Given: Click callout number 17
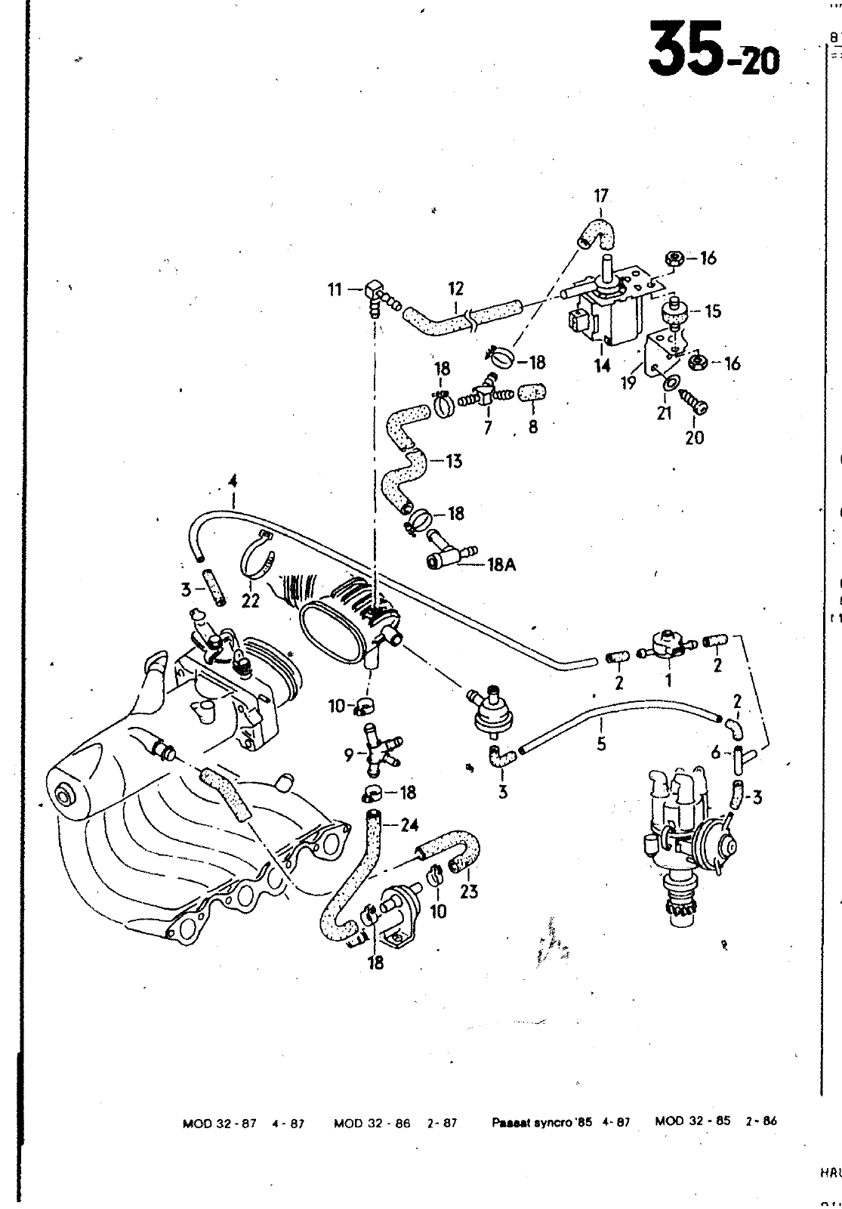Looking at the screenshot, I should pyautogui.click(x=600, y=196).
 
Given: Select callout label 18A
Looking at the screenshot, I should pyautogui.click(x=501, y=564).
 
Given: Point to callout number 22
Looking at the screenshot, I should pyautogui.click(x=251, y=601).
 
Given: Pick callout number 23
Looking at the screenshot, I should pyautogui.click(x=468, y=892).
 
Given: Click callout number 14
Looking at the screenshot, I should pyautogui.click(x=602, y=366).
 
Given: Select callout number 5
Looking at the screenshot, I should pyautogui.click(x=601, y=744).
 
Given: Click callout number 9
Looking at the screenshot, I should pyautogui.click(x=349, y=753).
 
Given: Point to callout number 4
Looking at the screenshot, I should pyautogui.click(x=233, y=480).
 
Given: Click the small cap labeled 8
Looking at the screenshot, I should pyautogui.click(x=533, y=393).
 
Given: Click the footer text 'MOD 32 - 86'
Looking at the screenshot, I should pyautogui.click(x=372, y=1123).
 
